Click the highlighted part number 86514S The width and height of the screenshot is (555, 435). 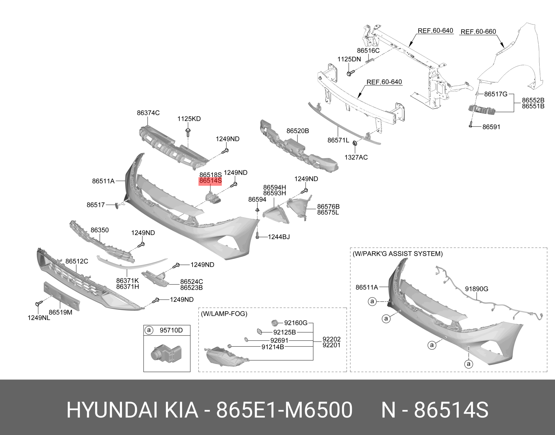click(210, 181)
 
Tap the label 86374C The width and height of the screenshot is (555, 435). click(148, 113)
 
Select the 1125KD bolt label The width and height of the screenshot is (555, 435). click(189, 119)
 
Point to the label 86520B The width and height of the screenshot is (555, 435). click(298, 131)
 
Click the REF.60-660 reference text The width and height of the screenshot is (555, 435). click(478, 32)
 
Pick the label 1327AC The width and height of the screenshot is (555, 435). click(356, 157)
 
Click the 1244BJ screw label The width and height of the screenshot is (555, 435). click(279, 237)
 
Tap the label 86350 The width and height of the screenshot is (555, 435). click(99, 230)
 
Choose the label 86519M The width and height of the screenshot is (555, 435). click(60, 312)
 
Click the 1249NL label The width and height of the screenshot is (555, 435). click(39, 318)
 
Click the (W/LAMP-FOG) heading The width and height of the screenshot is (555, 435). click(224, 313)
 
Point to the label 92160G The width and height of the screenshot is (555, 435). click(295, 323)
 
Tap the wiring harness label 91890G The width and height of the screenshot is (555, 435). click(476, 289)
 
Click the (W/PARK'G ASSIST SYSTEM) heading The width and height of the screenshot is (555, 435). click(397, 254)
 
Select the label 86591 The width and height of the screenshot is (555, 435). click(491, 127)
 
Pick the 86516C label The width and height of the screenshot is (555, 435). click(368, 51)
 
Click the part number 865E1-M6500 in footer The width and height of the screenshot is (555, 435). click(284, 410)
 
